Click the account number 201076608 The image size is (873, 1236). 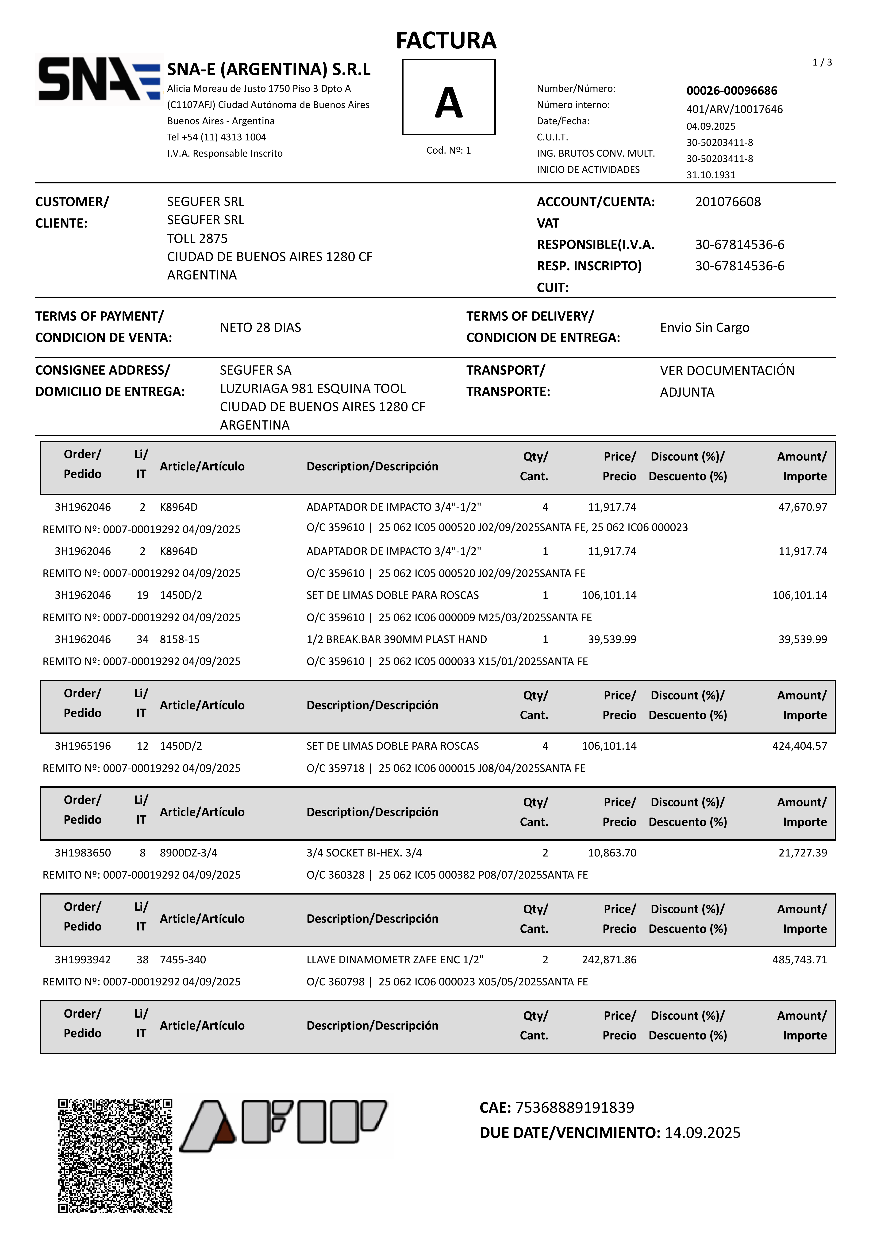(x=728, y=202)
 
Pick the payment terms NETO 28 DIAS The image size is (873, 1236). (x=261, y=327)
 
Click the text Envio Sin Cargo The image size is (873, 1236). (x=704, y=327)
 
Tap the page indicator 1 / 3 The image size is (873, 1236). (x=822, y=62)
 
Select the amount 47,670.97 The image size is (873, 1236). (x=803, y=507)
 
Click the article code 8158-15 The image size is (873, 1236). (x=180, y=639)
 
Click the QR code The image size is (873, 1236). (x=115, y=1155)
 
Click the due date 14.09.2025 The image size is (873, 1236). (x=702, y=1133)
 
